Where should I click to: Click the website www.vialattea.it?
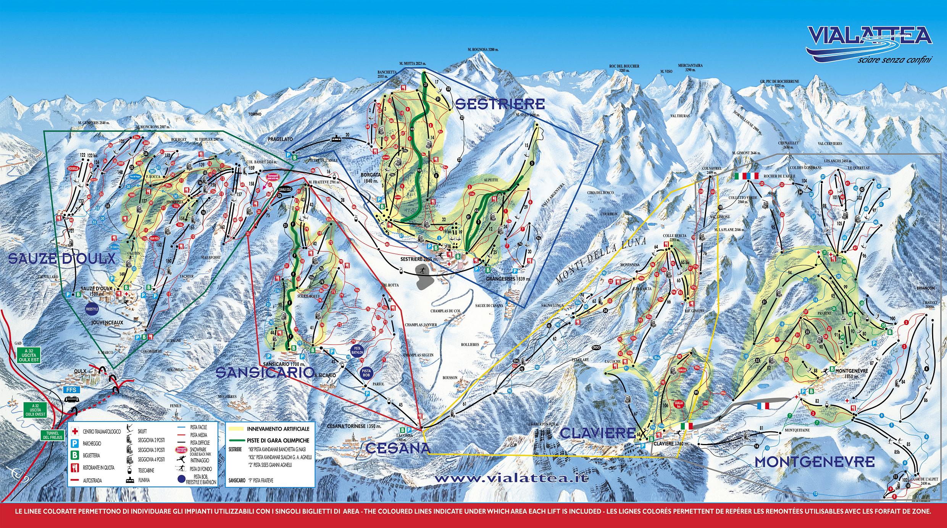[511, 478]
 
